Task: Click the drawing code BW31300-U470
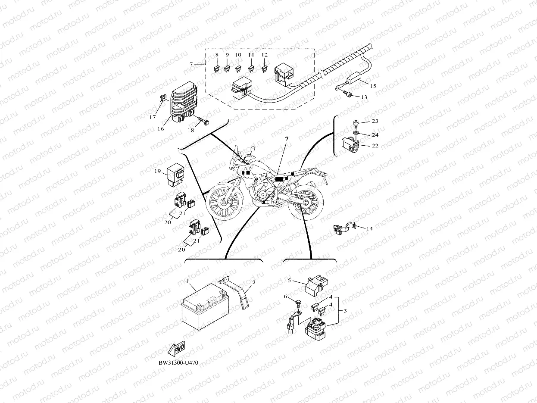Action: [178, 363]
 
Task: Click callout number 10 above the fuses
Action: [238, 56]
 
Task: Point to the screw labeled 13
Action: [348, 94]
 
